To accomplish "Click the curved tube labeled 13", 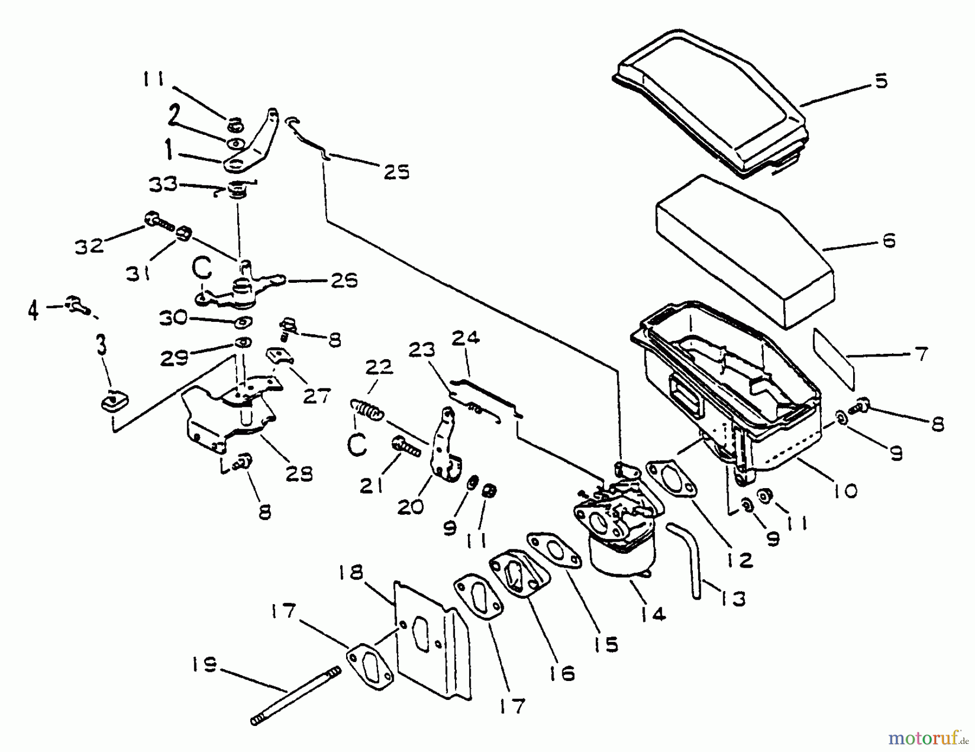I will (691, 558).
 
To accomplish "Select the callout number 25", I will (397, 172).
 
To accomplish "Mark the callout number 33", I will (162, 184).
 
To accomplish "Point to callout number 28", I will (300, 474).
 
